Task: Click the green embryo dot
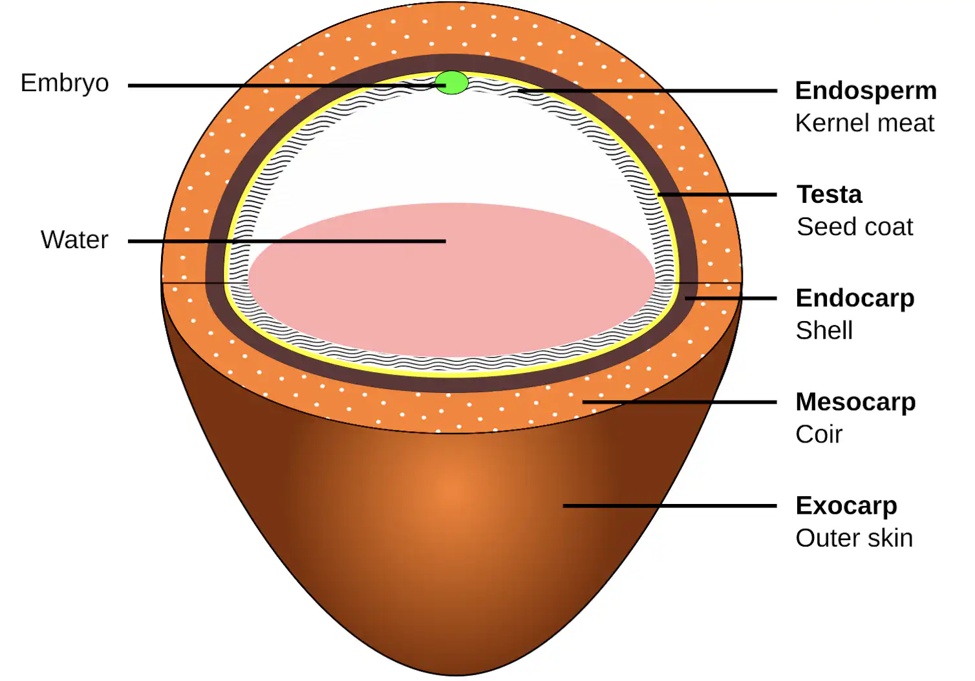(x=452, y=83)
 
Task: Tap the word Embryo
(x=65, y=83)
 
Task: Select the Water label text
(x=74, y=240)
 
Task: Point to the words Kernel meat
(x=865, y=123)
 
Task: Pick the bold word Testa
(x=829, y=194)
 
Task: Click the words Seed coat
(x=855, y=227)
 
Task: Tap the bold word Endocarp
(x=855, y=299)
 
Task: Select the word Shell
(x=824, y=331)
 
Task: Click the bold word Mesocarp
(x=856, y=403)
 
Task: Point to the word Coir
(x=819, y=434)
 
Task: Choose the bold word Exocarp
(x=846, y=506)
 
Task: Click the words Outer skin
(x=854, y=538)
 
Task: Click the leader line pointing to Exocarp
(x=670, y=506)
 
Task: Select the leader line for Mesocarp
(x=680, y=403)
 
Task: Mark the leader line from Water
(x=287, y=241)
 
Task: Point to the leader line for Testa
(x=717, y=194)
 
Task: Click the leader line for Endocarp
(x=731, y=299)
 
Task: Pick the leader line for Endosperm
(x=647, y=91)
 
